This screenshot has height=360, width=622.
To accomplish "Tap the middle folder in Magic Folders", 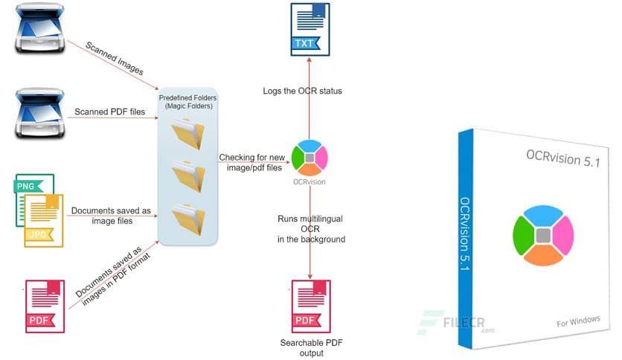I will coord(186,176).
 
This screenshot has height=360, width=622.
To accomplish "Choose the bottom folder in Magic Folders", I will coord(186,218).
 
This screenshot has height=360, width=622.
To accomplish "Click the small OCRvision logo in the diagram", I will coord(310,157).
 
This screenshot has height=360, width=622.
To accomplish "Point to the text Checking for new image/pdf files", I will coord(251,163).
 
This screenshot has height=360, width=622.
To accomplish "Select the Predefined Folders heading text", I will coord(186,102).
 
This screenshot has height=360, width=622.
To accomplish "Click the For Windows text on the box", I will coord(578,321).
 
